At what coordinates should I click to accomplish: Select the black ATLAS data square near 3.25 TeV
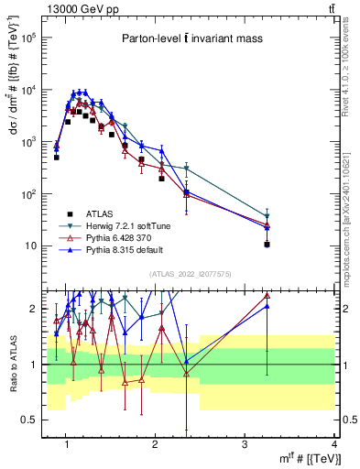267,245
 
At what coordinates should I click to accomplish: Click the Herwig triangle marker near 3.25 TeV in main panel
267,217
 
